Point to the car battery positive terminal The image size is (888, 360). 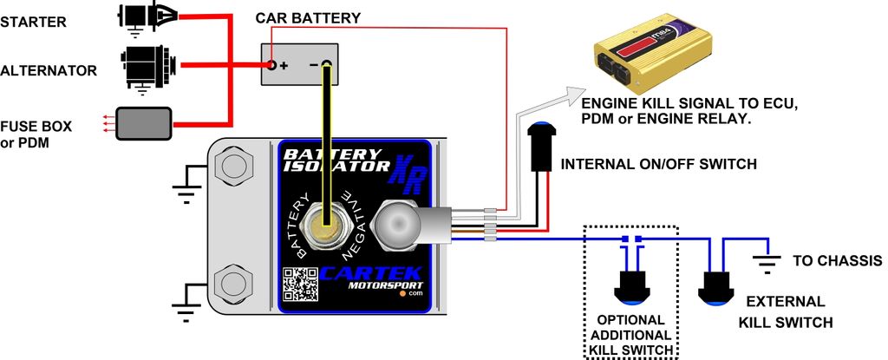pos(272,65)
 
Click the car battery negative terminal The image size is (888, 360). pos(326,64)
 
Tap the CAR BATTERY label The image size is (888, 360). pos(308,18)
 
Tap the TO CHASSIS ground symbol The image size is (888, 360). pos(764,259)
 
